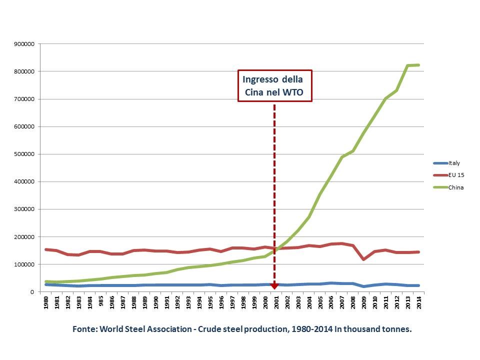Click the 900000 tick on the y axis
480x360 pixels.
(x=24, y=44)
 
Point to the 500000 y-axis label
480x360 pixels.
(x=24, y=154)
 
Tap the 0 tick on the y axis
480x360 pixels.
(x=31, y=291)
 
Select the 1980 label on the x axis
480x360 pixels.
(x=46, y=302)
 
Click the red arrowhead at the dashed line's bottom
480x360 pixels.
(x=274, y=286)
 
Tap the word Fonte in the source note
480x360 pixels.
(x=84, y=329)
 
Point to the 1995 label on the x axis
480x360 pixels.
(x=209, y=302)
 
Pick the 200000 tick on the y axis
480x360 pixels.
(x=24, y=236)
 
